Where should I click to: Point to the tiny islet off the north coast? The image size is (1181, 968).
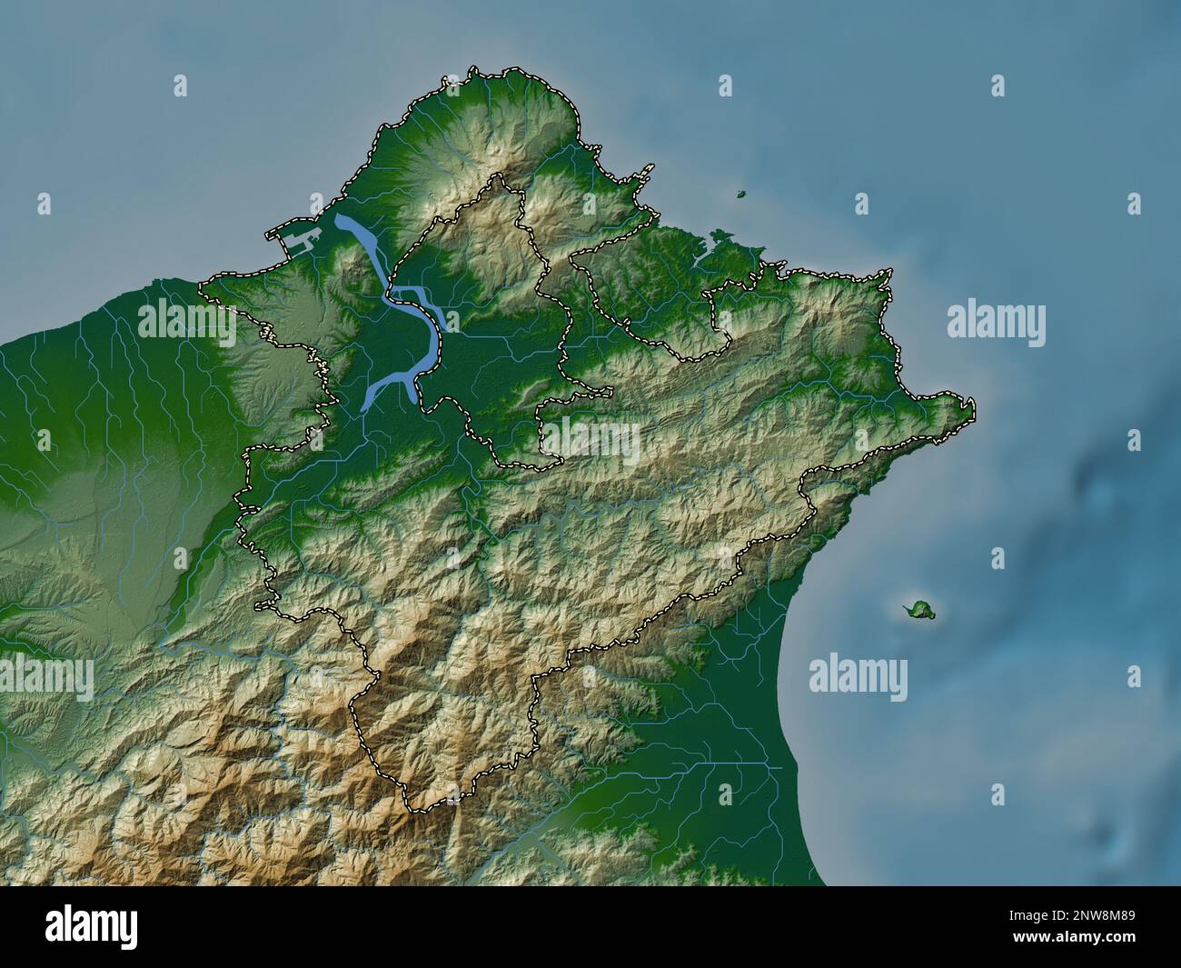(x=741, y=194)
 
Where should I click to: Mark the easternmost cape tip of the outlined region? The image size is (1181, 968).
(x=972, y=403)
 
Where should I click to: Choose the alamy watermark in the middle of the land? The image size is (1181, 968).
(x=590, y=443)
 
